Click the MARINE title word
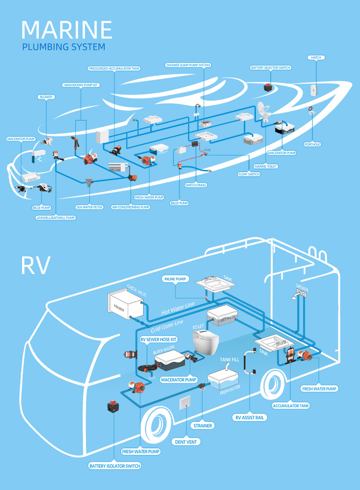point(67,30)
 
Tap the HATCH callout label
point(316,58)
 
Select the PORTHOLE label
point(312,144)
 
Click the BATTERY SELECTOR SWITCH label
point(271,68)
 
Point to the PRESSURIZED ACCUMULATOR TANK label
point(114,69)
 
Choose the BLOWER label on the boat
point(46,97)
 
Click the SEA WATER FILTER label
point(90,207)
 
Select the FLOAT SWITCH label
point(249,174)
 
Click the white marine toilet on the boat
point(263,111)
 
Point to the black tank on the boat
point(284,128)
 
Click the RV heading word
point(35,266)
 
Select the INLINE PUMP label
point(176,279)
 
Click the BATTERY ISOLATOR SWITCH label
point(115,466)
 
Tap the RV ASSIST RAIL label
point(250,417)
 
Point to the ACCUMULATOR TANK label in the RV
point(291,405)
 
